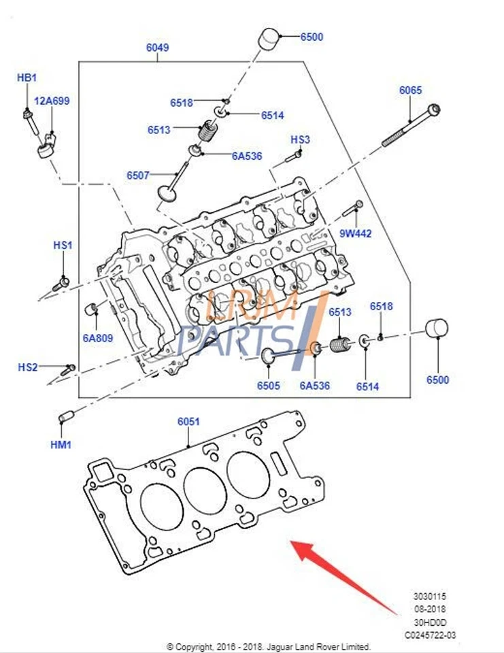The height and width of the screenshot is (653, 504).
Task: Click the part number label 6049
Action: tap(157, 48)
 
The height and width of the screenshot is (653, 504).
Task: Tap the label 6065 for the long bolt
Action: tap(410, 90)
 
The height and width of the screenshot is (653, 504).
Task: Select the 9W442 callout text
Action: tap(356, 233)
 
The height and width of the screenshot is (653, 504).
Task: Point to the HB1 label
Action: tap(26, 78)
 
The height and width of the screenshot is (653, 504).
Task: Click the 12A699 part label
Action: tap(52, 101)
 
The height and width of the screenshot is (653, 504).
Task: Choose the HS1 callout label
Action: tap(63, 245)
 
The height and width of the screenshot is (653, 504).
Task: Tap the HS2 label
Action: tap(28, 367)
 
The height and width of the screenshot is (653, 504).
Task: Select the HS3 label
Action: tap(300, 139)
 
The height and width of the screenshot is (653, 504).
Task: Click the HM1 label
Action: tap(61, 445)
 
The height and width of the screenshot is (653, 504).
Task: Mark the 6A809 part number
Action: tap(98, 337)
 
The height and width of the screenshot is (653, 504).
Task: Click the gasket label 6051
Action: tap(188, 422)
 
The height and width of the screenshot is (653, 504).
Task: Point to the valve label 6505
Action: tap(268, 386)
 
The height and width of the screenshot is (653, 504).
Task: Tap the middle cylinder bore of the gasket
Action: tap(205, 490)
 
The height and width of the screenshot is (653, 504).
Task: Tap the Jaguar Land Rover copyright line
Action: tap(269, 646)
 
